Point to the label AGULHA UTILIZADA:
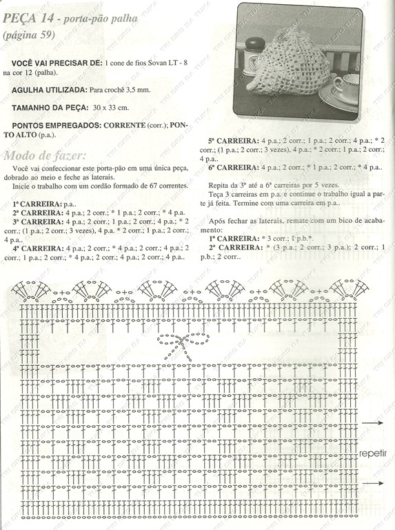(50, 90)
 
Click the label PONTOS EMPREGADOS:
(57, 126)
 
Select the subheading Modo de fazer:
(45, 154)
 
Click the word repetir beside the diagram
(373, 453)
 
